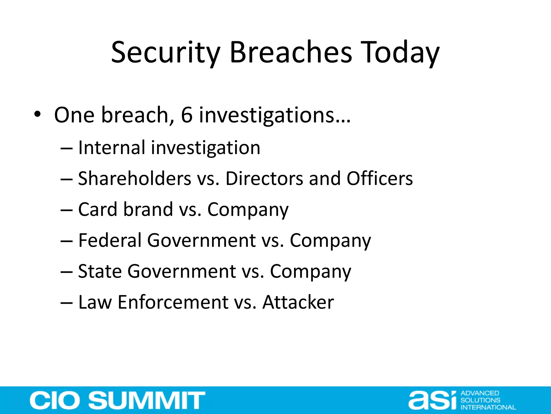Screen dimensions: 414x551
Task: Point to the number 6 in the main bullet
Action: click(187, 115)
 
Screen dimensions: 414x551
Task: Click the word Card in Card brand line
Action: click(98, 209)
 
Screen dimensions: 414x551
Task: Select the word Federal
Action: click(110, 240)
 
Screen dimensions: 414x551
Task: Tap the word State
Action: click(100, 271)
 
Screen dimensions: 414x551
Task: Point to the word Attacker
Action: click(298, 302)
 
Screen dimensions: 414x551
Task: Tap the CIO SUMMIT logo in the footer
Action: click(117, 400)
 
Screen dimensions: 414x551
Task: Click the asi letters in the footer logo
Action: click(432, 400)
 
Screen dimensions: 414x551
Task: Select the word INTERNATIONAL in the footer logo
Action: click(488, 407)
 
